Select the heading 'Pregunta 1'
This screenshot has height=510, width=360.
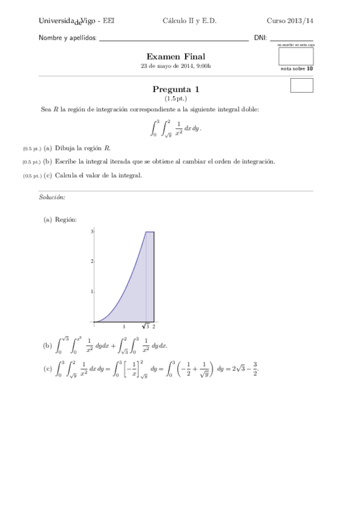pyautogui.click(x=176, y=89)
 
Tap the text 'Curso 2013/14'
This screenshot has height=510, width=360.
pyautogui.click(x=290, y=20)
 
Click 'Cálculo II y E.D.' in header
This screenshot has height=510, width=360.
pyautogui.click(x=189, y=20)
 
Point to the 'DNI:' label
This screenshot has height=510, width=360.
pyautogui.click(x=260, y=37)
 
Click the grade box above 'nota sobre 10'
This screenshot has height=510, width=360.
pyautogui.click(x=296, y=56)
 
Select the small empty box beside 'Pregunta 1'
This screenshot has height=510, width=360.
pyautogui.click(x=302, y=85)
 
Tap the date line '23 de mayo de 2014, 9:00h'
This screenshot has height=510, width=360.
pyautogui.click(x=175, y=66)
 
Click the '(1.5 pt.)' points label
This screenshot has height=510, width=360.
pyautogui.click(x=175, y=97)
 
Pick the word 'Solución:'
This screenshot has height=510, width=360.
pyautogui.click(x=52, y=197)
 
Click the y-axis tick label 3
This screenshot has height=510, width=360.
pyautogui.click(x=92, y=232)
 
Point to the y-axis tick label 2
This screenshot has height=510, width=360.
pyautogui.click(x=92, y=261)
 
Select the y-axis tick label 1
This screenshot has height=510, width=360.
pyautogui.click(x=92, y=291)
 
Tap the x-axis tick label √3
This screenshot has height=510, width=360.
pyautogui.click(x=145, y=327)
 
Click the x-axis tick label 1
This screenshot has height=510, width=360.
pyautogui.click(x=124, y=327)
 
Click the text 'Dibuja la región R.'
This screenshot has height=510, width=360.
pyautogui.click(x=83, y=148)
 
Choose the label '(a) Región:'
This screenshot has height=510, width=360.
pyautogui.click(x=60, y=220)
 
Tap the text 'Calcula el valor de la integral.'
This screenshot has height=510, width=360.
pyautogui.click(x=99, y=176)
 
